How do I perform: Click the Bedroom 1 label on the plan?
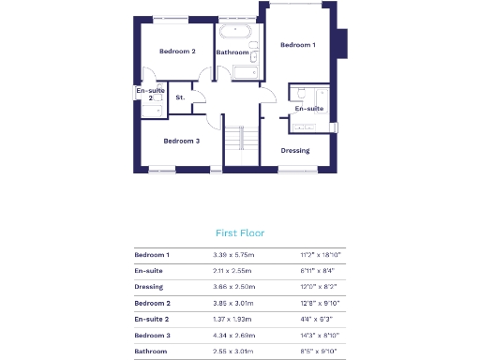click(x=297, y=45)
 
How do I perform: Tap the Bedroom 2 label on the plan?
click(x=177, y=52)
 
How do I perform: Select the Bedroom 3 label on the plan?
click(x=181, y=141)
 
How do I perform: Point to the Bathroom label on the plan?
click(x=232, y=52)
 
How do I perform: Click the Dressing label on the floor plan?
click(x=295, y=150)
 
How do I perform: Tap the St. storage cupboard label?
click(x=180, y=97)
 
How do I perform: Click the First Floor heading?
click(x=240, y=232)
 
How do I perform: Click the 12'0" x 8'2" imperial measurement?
click(x=318, y=287)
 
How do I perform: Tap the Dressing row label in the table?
click(x=148, y=287)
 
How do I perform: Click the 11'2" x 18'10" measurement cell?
click(x=320, y=254)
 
